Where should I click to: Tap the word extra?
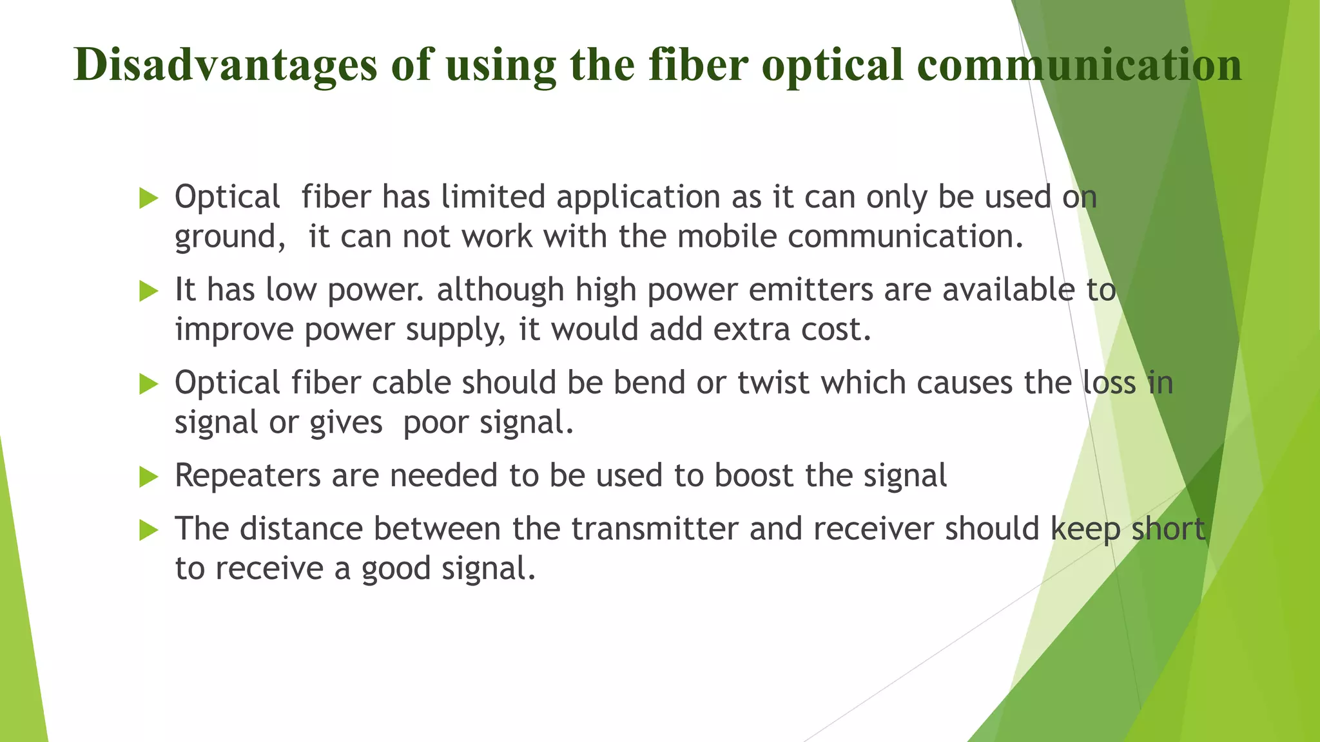[752, 330]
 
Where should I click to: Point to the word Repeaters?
[247, 477]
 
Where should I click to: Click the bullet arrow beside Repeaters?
[148, 477]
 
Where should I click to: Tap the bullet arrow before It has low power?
[148, 291]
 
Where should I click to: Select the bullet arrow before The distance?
[148, 530]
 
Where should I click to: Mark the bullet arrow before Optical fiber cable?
[148, 384]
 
